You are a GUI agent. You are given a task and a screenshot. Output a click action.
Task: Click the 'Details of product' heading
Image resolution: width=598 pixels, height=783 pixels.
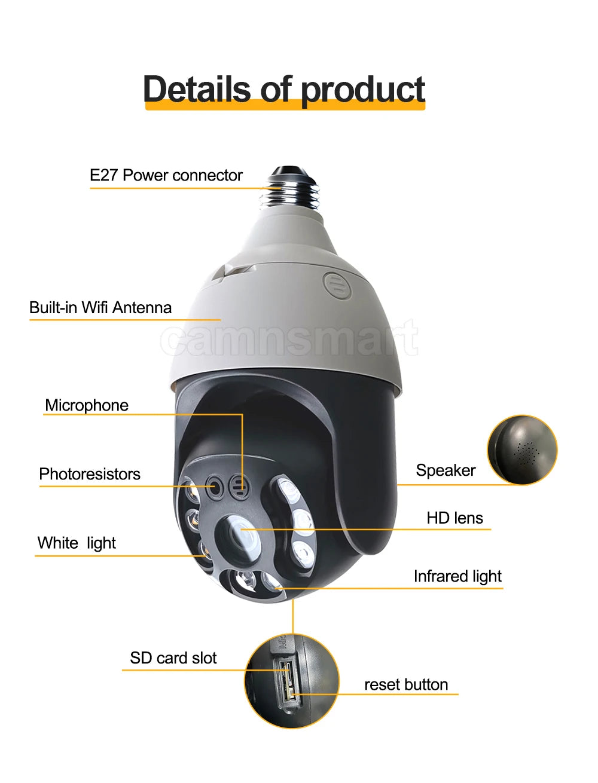click(x=284, y=89)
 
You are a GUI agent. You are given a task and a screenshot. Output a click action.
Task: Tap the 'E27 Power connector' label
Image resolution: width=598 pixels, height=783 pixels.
click(x=166, y=175)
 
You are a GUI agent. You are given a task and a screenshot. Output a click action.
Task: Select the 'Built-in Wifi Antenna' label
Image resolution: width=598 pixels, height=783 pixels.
click(x=100, y=308)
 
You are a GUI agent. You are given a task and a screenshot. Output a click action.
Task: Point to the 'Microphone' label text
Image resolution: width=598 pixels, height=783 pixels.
click(x=87, y=405)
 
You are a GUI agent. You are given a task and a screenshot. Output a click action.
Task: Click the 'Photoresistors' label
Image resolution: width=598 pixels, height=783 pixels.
click(x=90, y=474)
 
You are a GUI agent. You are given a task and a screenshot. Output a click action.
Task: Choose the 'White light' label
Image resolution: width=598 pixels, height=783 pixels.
click(x=77, y=543)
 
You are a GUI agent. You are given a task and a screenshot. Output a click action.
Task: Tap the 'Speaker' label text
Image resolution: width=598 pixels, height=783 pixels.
click(x=446, y=470)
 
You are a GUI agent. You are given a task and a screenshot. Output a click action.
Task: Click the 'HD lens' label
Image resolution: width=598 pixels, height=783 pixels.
click(x=454, y=518)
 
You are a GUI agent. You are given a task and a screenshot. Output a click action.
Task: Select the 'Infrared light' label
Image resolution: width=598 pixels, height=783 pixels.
click(x=457, y=576)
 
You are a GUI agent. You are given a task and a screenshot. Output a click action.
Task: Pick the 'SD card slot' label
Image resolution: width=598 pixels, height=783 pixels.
click(x=173, y=658)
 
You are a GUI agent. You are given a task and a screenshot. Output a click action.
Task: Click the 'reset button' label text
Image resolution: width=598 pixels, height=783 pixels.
click(x=406, y=684)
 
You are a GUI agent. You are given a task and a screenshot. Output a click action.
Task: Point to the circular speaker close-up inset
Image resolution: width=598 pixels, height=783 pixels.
click(x=522, y=449)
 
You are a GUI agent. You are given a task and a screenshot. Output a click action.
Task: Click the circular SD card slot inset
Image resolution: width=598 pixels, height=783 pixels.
click(x=292, y=681)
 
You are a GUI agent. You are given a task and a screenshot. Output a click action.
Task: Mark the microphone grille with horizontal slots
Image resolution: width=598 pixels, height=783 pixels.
click(x=240, y=486)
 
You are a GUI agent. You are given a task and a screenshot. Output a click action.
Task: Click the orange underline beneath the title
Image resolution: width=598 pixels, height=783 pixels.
click(x=285, y=106)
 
